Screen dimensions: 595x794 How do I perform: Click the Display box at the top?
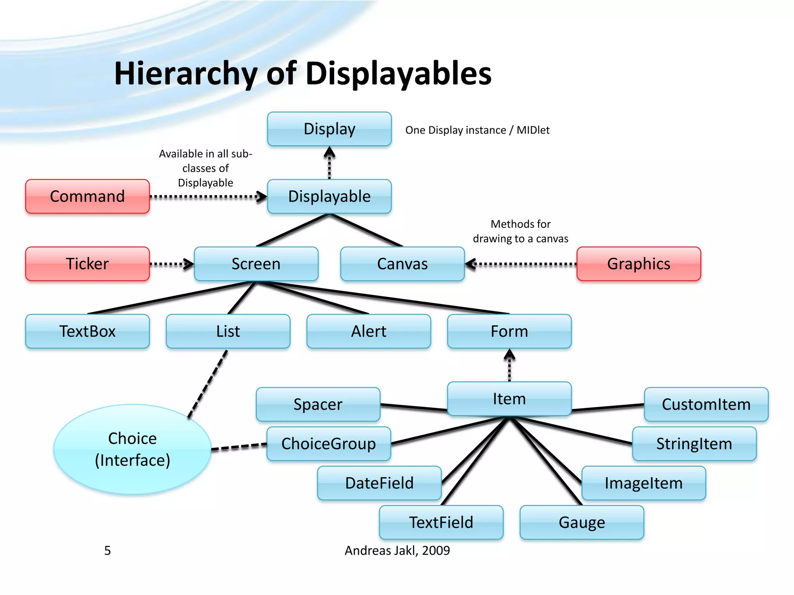pos(329,129)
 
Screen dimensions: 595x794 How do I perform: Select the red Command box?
pos(87,196)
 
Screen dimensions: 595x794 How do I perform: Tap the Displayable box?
pos(329,196)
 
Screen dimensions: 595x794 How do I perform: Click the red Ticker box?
pos(87,264)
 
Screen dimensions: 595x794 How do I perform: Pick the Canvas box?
pos(402,264)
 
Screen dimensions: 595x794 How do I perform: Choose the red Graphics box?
pos(639,264)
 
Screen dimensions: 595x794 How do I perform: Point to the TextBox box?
pos(87,331)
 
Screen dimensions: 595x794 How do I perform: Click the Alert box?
pos(368,331)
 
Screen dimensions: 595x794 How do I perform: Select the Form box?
pos(509,331)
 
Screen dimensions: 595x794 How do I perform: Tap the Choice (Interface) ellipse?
pos(132,449)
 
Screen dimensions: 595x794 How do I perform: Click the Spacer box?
pos(318,404)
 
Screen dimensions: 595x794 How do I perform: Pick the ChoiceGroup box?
pos(328,444)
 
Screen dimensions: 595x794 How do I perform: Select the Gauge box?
pos(582,523)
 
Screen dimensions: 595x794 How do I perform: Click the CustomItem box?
pos(706,404)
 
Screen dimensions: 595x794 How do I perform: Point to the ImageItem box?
pos(644,483)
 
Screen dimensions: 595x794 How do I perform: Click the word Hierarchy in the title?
pos(186,74)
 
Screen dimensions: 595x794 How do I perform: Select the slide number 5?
pos(107,550)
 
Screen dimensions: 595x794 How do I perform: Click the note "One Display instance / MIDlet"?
pos(477,130)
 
